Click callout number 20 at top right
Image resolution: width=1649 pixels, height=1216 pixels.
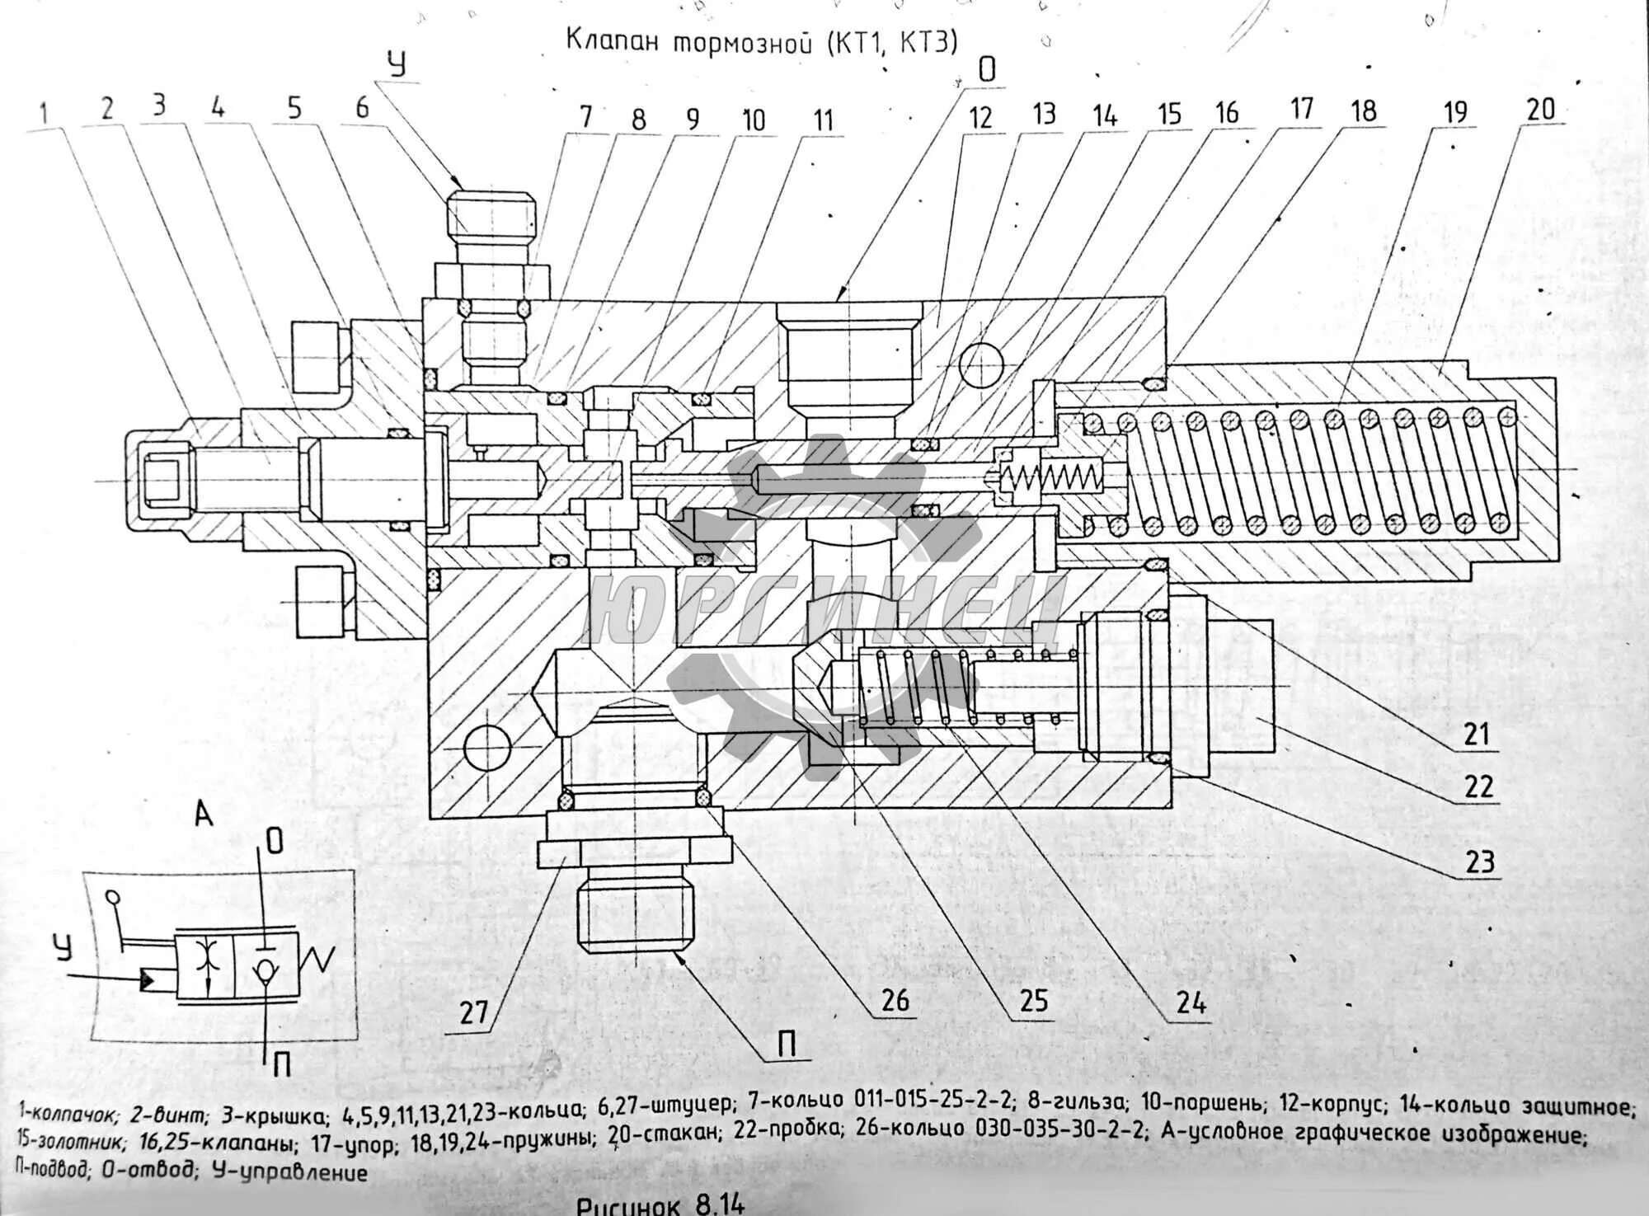[x=1540, y=110]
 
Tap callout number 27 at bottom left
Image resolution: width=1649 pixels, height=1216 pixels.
[x=474, y=1012]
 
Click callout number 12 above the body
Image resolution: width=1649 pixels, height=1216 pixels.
[x=980, y=117]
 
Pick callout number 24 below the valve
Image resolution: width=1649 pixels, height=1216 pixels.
[x=1191, y=1003]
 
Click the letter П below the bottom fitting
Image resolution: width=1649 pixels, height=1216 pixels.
[x=787, y=1045]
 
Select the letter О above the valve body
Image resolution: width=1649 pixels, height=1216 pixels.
[x=987, y=71]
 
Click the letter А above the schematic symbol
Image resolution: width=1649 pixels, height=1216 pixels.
[x=204, y=815]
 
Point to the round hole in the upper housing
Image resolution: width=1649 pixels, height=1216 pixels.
[x=981, y=364]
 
